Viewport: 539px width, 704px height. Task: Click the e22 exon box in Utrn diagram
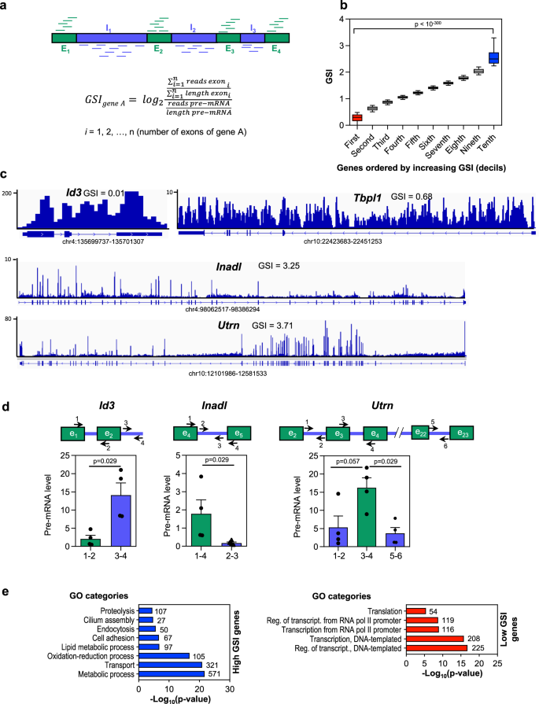coord(420,429)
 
